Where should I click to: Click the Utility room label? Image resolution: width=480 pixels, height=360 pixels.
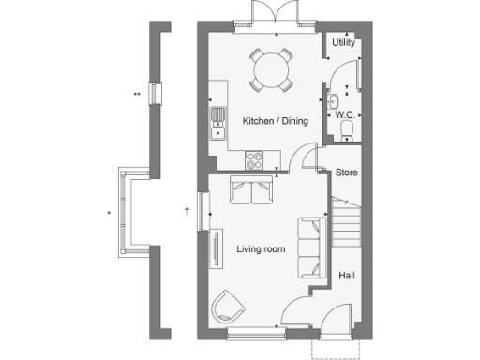tap(343, 43)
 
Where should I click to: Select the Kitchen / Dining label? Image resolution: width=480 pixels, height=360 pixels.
tap(272, 122)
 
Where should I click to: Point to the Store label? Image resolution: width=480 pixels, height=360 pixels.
tap(347, 172)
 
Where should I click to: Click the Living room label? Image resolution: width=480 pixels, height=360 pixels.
tap(261, 248)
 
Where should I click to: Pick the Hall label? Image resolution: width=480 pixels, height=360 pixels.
tap(347, 275)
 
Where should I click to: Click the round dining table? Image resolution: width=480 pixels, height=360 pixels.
tap(270, 67)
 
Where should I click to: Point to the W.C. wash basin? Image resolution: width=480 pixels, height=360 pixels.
tap(334, 101)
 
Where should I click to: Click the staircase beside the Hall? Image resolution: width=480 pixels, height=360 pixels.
tap(347, 225)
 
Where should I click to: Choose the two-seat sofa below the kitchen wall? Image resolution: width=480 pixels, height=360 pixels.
tap(251, 189)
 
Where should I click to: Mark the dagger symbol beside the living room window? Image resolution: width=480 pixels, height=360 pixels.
tap(187, 211)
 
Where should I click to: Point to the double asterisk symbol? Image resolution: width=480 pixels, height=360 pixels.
tap(137, 94)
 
